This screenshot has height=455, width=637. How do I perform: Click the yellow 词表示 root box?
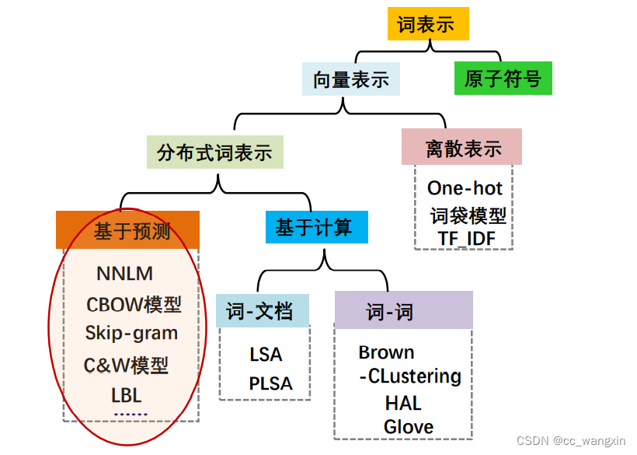(x=428, y=24)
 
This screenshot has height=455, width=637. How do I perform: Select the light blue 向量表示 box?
(x=351, y=79)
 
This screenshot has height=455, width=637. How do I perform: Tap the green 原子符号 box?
(x=503, y=79)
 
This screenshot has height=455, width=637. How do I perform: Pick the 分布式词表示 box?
(x=215, y=152)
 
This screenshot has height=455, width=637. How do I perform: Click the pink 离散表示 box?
(x=461, y=148)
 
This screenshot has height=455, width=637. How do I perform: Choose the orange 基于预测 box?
(x=128, y=230)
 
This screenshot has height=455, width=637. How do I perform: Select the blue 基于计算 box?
(x=315, y=227)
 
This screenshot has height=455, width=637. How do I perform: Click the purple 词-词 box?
(x=403, y=311)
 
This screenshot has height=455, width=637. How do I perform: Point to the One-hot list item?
(x=465, y=188)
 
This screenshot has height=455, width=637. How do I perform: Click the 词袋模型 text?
(x=468, y=215)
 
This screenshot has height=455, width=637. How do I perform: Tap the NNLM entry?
(x=124, y=274)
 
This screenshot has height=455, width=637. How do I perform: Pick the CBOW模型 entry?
(x=134, y=304)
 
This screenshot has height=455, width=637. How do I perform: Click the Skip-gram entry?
(x=131, y=333)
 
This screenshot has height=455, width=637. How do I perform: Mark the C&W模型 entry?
(x=126, y=365)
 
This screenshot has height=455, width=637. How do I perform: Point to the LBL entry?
(x=126, y=395)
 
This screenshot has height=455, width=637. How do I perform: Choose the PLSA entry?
(x=270, y=383)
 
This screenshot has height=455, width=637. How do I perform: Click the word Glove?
(x=409, y=426)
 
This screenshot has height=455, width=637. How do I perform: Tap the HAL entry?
(x=403, y=403)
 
